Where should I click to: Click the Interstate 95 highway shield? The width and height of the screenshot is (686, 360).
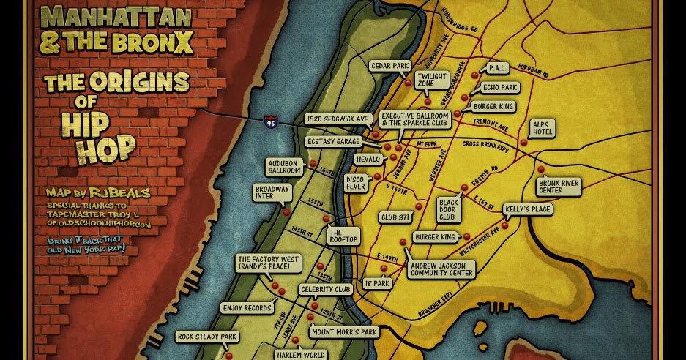click(x=270, y=121)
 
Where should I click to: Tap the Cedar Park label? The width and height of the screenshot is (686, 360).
click(x=389, y=66)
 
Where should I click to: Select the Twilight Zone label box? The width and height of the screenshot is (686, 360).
click(x=431, y=79)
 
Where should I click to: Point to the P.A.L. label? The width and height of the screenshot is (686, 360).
click(x=498, y=68)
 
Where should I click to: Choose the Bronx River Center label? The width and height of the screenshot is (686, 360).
click(x=559, y=186)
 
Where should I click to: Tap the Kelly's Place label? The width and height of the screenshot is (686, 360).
click(x=528, y=209)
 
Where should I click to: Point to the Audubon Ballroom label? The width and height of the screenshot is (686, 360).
click(x=285, y=166)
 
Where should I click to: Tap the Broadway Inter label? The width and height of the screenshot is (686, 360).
click(x=273, y=192)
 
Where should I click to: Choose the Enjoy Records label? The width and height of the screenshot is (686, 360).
click(x=247, y=308)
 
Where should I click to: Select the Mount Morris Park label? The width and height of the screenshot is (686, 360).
click(x=343, y=332)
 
